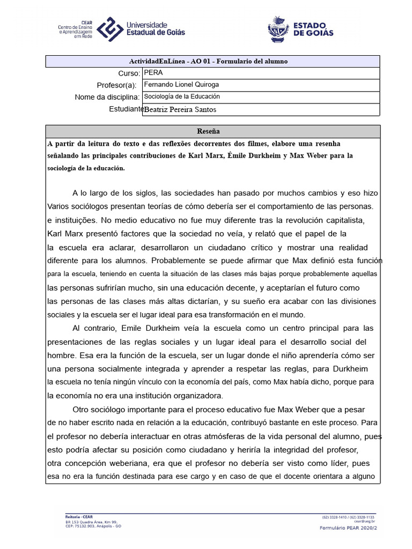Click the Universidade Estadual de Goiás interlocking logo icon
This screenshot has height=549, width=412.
109,29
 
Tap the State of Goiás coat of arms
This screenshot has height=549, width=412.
278,28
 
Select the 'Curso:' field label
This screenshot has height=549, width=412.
129,73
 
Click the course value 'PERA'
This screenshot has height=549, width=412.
153,73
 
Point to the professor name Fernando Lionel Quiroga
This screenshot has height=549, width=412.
182,85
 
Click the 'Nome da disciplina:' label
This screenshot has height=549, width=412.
107,97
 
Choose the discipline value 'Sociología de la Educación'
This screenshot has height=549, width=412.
182,97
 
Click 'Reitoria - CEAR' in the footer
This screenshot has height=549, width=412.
79,516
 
